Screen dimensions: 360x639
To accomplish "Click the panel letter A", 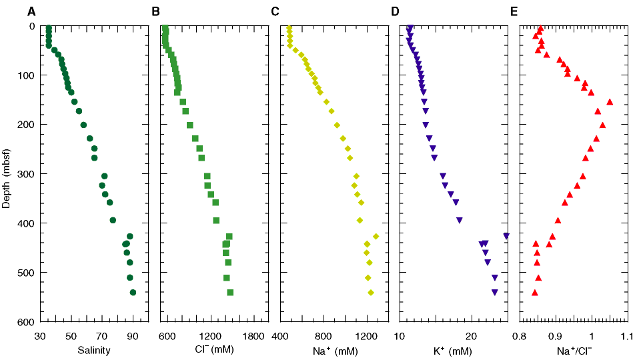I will point(32,11).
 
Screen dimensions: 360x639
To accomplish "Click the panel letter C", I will point(275,11).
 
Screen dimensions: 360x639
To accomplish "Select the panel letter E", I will point(514,11).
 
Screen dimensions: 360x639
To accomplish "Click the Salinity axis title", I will point(94,350).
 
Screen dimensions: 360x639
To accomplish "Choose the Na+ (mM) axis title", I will point(333,350).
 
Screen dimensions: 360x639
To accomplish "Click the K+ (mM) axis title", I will point(453,350).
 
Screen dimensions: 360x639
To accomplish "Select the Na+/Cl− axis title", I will point(573,350).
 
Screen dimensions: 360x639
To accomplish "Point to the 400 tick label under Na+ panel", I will point(280,335).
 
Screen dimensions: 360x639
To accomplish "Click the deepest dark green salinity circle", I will point(133,293).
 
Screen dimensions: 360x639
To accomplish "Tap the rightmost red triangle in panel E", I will point(610,101).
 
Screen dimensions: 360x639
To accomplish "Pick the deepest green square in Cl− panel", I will point(230,293).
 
